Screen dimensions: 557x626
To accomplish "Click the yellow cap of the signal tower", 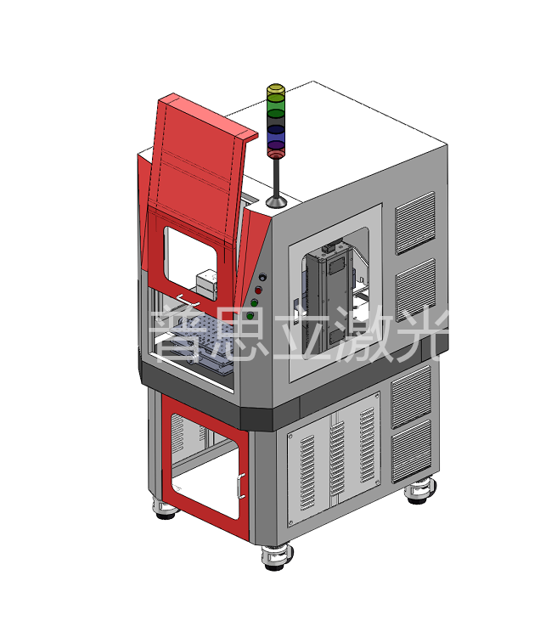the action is [x=275, y=93].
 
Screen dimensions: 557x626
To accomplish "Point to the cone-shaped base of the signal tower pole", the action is [x=276, y=201].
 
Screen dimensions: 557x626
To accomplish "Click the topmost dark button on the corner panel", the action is [x=262, y=277].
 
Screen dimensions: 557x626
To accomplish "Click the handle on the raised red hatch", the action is [x=188, y=302].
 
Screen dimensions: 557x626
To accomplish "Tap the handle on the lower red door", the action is [x=240, y=486].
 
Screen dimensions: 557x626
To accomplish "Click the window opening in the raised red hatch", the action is [x=191, y=263].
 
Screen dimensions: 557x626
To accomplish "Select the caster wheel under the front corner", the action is [x=277, y=557].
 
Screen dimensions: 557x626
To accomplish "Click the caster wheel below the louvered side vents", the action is [x=419, y=492].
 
